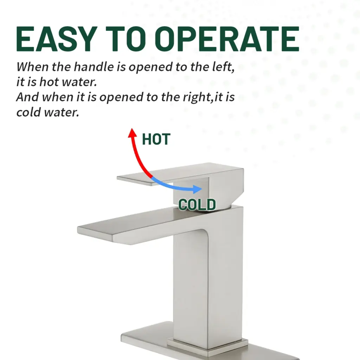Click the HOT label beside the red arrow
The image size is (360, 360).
(156, 139)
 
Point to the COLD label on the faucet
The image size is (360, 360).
(197, 205)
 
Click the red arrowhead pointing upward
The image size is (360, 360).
(133, 133)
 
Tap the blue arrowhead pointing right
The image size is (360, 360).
(198, 189)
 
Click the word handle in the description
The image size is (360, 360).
(94, 67)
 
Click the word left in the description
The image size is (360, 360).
(223, 67)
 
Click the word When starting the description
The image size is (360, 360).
(32, 67)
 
